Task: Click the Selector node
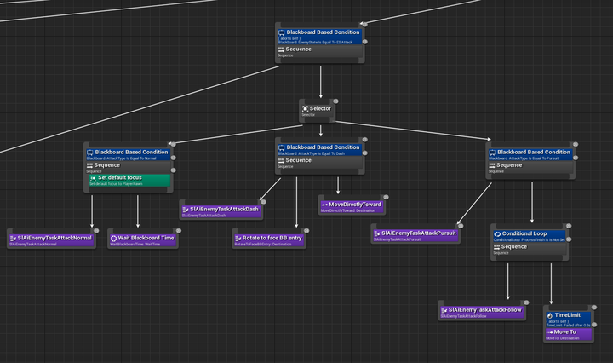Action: pos(320,110)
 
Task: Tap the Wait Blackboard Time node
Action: pos(142,239)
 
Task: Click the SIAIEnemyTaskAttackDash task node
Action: pos(221,210)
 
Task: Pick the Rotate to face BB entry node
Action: pos(268,239)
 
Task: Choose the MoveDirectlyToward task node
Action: pos(352,205)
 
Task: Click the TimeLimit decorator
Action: pos(569,316)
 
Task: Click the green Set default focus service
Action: pos(128,178)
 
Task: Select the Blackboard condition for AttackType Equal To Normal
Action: pos(128,153)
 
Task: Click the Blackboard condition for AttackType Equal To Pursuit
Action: pos(532,153)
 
